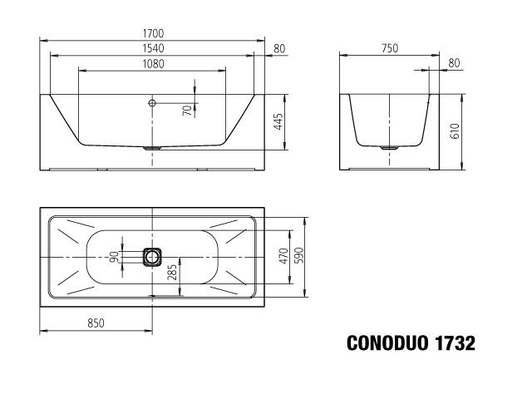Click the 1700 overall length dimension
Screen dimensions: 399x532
click(152, 32)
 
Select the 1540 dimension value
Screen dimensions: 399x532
click(152, 48)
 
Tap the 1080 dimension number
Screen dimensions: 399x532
click(152, 64)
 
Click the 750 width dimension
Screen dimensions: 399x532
click(388, 48)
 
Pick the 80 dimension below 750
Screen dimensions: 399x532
click(453, 63)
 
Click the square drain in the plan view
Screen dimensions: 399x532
click(152, 257)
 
